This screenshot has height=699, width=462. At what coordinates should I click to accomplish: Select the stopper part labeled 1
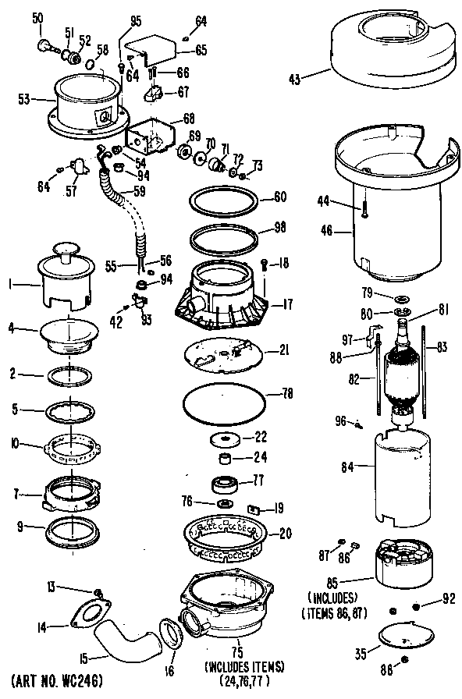click(66, 282)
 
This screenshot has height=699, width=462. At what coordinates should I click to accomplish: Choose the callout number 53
click(23, 99)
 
